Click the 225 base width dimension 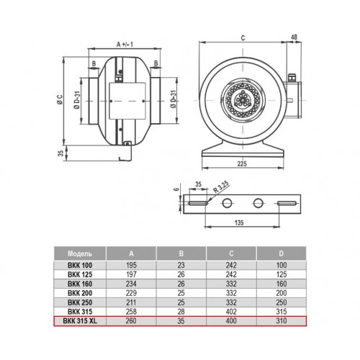(242, 163)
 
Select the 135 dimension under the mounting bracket (239, 222)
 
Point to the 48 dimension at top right (294, 37)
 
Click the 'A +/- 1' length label (125, 45)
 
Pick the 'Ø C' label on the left (60, 99)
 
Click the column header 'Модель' (80, 253)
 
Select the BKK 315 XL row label (80, 321)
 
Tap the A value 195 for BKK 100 (131, 265)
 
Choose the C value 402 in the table (231, 312)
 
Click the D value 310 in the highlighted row (281, 321)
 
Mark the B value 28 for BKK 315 (181, 312)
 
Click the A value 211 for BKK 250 (131, 302)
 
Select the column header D (281, 253)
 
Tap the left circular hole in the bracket (227, 203)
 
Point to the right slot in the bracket (287, 203)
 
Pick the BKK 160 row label (80, 284)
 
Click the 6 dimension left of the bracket (177, 189)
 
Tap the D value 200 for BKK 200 (281, 293)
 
